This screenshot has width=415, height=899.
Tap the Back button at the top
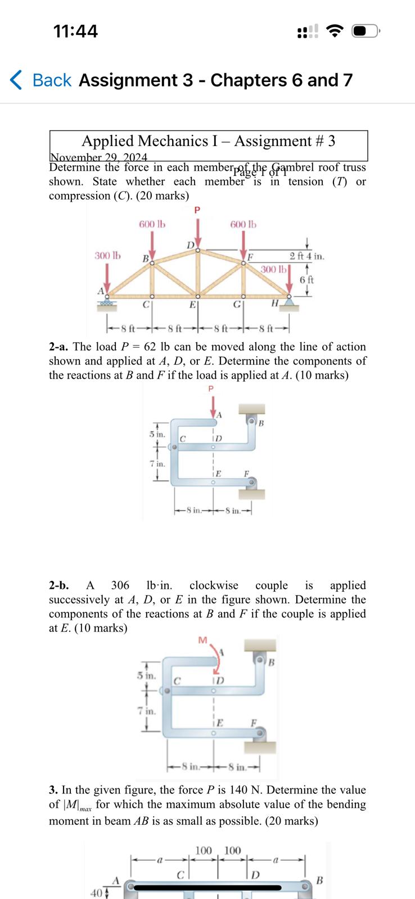coord(41,80)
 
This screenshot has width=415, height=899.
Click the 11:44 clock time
coord(75,31)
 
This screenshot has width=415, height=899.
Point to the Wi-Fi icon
coord(335,31)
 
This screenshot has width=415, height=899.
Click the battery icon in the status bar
coord(366,31)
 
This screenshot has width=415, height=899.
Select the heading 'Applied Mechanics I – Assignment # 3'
coord(209,141)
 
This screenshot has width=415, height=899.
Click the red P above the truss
coord(197,210)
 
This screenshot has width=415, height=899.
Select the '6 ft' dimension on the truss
coord(307,279)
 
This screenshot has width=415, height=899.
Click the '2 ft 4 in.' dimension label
coord(307,256)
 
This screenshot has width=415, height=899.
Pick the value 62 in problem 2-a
coord(150,347)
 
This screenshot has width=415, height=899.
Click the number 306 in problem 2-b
coord(120,585)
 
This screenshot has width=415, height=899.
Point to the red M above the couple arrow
coord(203,640)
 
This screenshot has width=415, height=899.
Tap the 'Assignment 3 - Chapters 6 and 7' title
coord(215,80)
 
